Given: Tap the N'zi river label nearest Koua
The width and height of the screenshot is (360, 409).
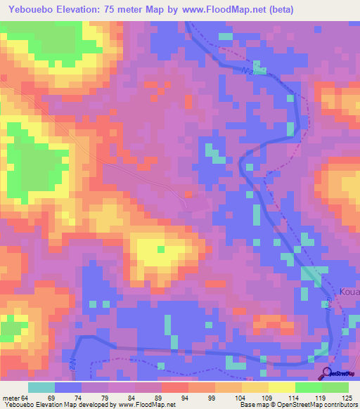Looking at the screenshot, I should [328, 304].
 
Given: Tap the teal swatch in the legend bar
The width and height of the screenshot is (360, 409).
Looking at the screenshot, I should [41, 387].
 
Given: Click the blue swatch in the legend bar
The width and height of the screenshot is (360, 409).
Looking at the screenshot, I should [68, 387].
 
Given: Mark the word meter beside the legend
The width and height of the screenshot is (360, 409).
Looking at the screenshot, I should [11, 398].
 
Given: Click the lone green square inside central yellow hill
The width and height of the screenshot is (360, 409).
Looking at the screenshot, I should [161, 249].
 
